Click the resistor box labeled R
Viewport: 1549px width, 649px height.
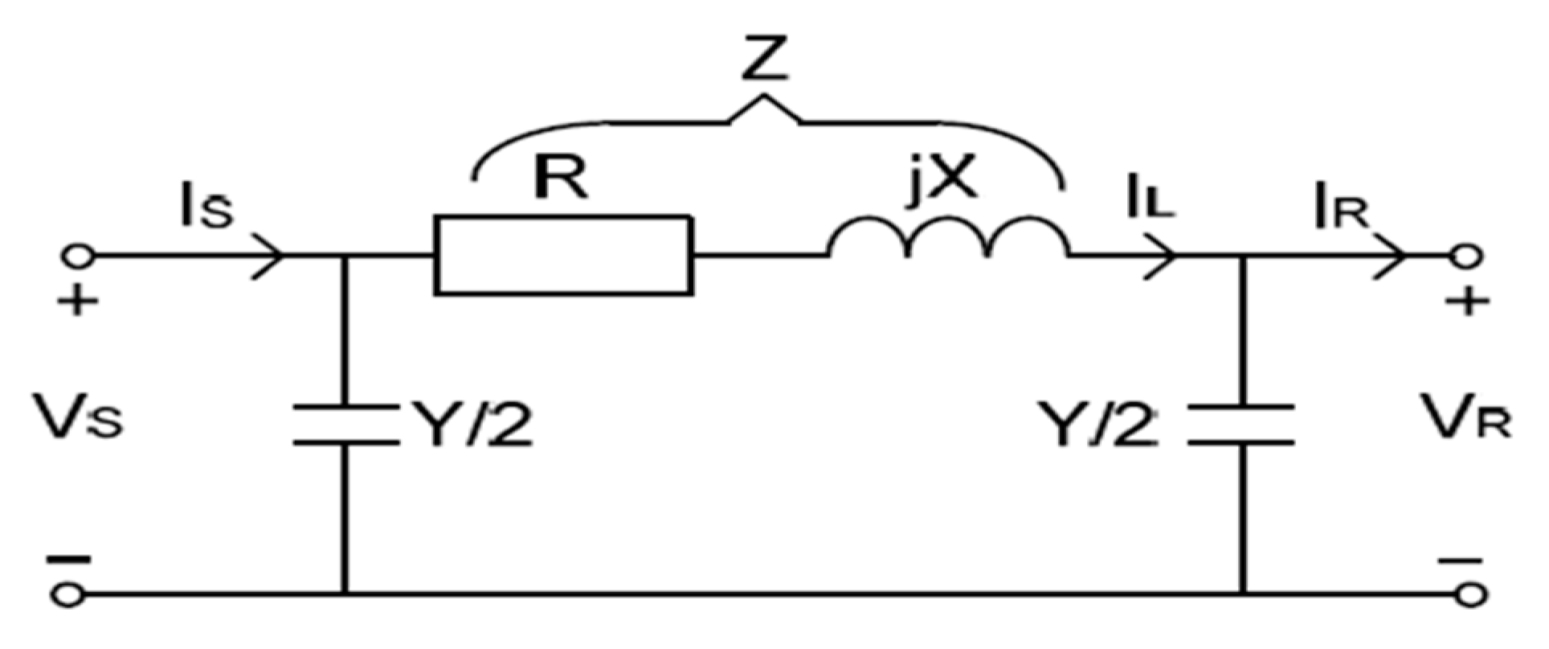coord(562,255)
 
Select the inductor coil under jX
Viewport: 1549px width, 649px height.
coord(949,237)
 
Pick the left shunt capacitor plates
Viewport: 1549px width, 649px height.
coord(345,426)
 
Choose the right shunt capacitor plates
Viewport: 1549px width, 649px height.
coord(1241,426)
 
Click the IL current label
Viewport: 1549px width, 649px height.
coord(1149,201)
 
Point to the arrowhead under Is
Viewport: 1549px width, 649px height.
coord(269,256)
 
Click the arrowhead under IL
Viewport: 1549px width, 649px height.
coord(1161,256)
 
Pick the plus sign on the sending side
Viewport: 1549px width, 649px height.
coord(77,304)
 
